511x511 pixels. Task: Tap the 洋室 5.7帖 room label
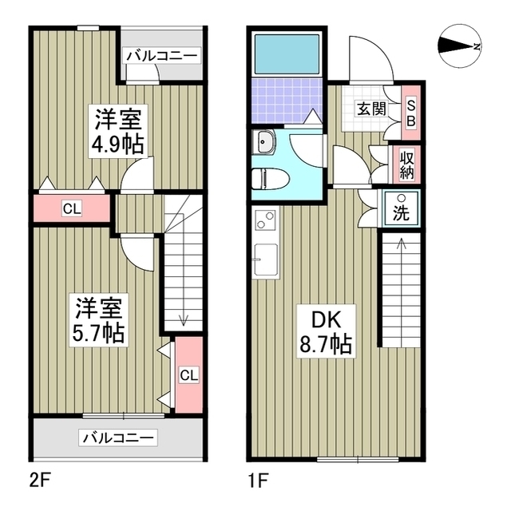point(100,319)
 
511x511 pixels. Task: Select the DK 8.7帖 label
point(326,333)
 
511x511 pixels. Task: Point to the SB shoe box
point(411,113)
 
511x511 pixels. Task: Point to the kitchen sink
point(265,259)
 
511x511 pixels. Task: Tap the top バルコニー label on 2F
point(163,55)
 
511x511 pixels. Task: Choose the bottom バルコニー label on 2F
point(119,437)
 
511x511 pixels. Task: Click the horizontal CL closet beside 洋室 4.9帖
point(71,209)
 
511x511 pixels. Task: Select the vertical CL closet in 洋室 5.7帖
point(187,375)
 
